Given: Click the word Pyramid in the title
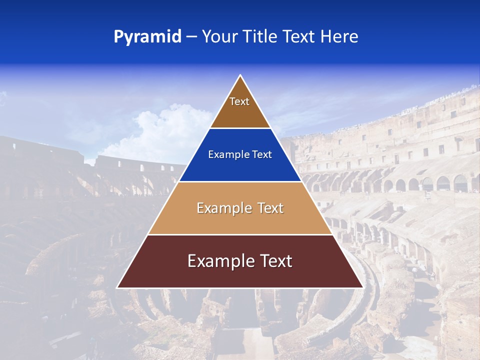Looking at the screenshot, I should click(x=147, y=37).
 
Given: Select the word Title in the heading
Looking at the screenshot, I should click(x=261, y=37).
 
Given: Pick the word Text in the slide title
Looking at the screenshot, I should click(x=300, y=37).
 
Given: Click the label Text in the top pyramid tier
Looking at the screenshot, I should click(x=239, y=101).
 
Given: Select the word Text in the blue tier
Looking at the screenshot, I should click(x=262, y=155).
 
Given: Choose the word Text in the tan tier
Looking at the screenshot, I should click(x=270, y=208).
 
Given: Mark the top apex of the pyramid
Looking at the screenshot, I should click(x=240, y=75).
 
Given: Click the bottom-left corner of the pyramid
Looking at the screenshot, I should click(x=117, y=287).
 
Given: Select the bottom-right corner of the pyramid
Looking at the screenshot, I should click(x=362, y=287).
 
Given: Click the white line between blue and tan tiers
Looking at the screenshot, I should click(x=240, y=181).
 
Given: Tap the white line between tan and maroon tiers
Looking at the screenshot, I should click(x=240, y=234).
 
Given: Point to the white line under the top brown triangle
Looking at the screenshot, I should click(x=240, y=128).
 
